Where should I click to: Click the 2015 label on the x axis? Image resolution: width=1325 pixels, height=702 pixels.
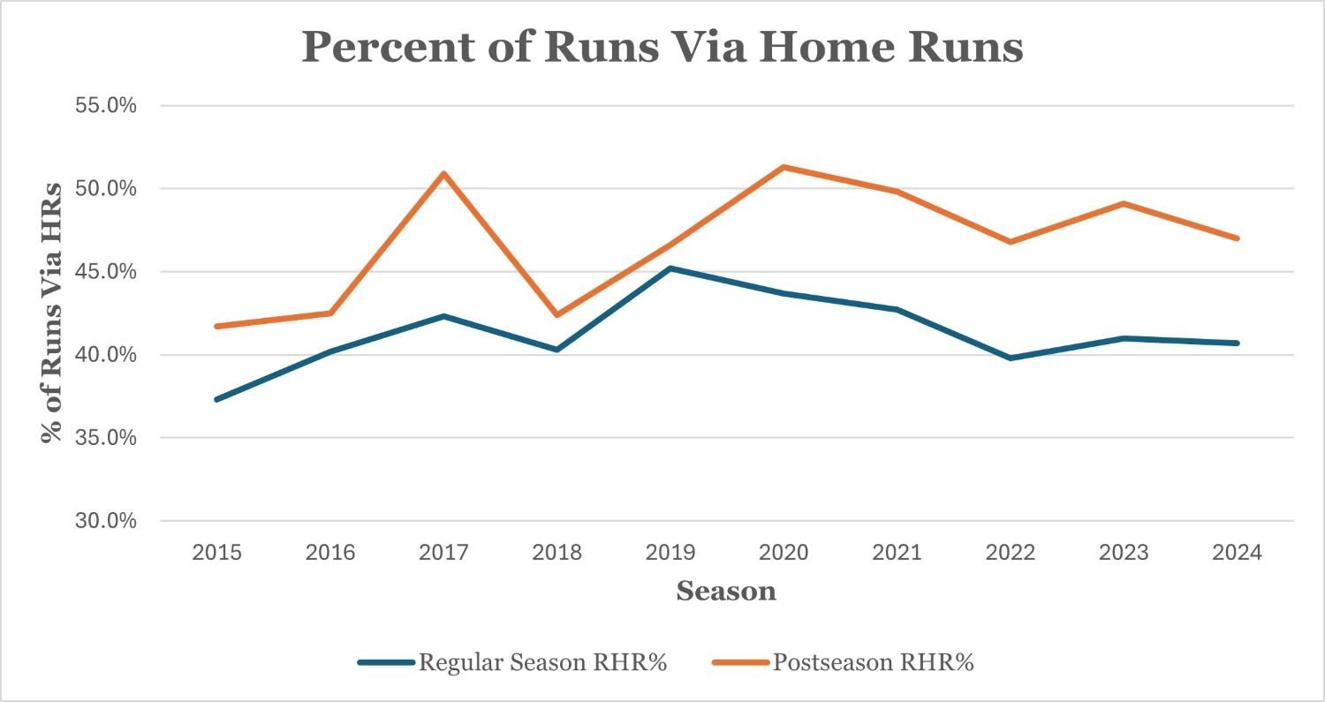(216, 553)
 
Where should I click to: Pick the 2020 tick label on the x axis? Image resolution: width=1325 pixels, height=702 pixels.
(784, 553)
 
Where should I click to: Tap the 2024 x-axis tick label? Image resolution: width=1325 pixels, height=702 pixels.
(1238, 553)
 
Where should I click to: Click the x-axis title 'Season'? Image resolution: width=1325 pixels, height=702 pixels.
(726, 591)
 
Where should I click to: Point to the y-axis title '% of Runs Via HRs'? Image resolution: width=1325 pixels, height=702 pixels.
(53, 313)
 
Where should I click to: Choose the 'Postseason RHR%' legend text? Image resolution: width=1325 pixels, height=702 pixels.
(873, 662)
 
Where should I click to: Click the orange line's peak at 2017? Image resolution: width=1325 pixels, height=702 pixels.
(444, 173)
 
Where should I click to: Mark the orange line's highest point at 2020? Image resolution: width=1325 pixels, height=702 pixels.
(784, 167)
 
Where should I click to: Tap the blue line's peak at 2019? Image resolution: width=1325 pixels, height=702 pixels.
(670, 268)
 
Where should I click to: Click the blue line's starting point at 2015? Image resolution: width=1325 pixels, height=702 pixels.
(216, 399)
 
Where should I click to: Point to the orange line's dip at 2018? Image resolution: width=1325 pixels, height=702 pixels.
(557, 315)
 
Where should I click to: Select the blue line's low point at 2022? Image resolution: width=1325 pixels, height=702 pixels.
(1011, 358)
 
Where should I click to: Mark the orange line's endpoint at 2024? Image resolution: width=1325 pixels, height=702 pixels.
(1238, 238)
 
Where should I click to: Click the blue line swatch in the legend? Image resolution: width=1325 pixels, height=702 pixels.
(385, 662)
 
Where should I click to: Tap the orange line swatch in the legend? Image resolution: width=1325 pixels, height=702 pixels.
(738, 662)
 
